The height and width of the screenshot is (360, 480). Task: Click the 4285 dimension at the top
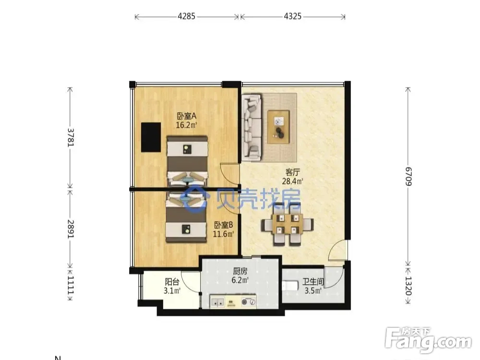[186, 16]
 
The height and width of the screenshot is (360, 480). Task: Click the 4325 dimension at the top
[293, 16]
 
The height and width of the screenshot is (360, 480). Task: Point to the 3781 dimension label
[71, 137]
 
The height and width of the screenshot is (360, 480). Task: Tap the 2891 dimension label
[71, 229]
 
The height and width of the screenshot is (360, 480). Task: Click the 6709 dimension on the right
[408, 176]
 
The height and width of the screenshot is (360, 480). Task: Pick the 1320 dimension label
[408, 286]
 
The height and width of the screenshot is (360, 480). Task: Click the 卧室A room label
[186, 116]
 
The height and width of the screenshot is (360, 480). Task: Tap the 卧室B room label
[223, 225]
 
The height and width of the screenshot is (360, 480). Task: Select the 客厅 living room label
[292, 172]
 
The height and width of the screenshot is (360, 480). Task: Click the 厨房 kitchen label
[240, 271]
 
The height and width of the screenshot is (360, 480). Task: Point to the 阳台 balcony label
[172, 282]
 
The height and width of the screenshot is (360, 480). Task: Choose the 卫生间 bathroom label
[313, 282]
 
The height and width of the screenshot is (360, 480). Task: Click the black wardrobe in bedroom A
[151, 137]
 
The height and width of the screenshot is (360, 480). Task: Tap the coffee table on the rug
[278, 127]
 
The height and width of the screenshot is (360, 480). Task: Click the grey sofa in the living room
[252, 127]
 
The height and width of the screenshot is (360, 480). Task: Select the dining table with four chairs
[288, 225]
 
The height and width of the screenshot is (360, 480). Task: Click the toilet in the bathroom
[289, 286]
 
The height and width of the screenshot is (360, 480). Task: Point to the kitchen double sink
[217, 302]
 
